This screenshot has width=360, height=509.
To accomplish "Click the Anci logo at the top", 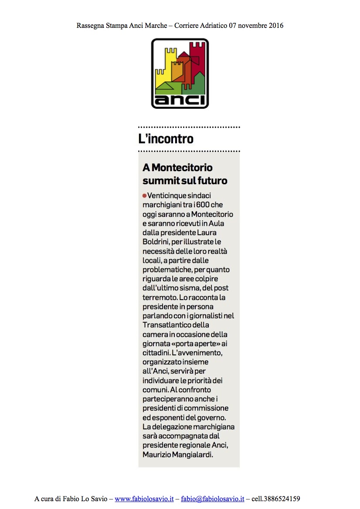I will pyautogui.click(x=180, y=73).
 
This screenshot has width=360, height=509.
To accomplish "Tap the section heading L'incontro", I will pyautogui.click(x=166, y=139).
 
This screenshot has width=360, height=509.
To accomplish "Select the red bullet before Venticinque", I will pyautogui.click(x=145, y=196).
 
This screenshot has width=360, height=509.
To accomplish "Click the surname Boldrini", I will pyautogui.click(x=156, y=242).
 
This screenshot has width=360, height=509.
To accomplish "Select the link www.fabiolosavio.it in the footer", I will pyautogui.click(x=144, y=499).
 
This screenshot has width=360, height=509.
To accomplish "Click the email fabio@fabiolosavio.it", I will pyautogui.click(x=212, y=499).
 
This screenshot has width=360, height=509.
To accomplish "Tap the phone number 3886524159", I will pyautogui.click(x=281, y=499).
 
